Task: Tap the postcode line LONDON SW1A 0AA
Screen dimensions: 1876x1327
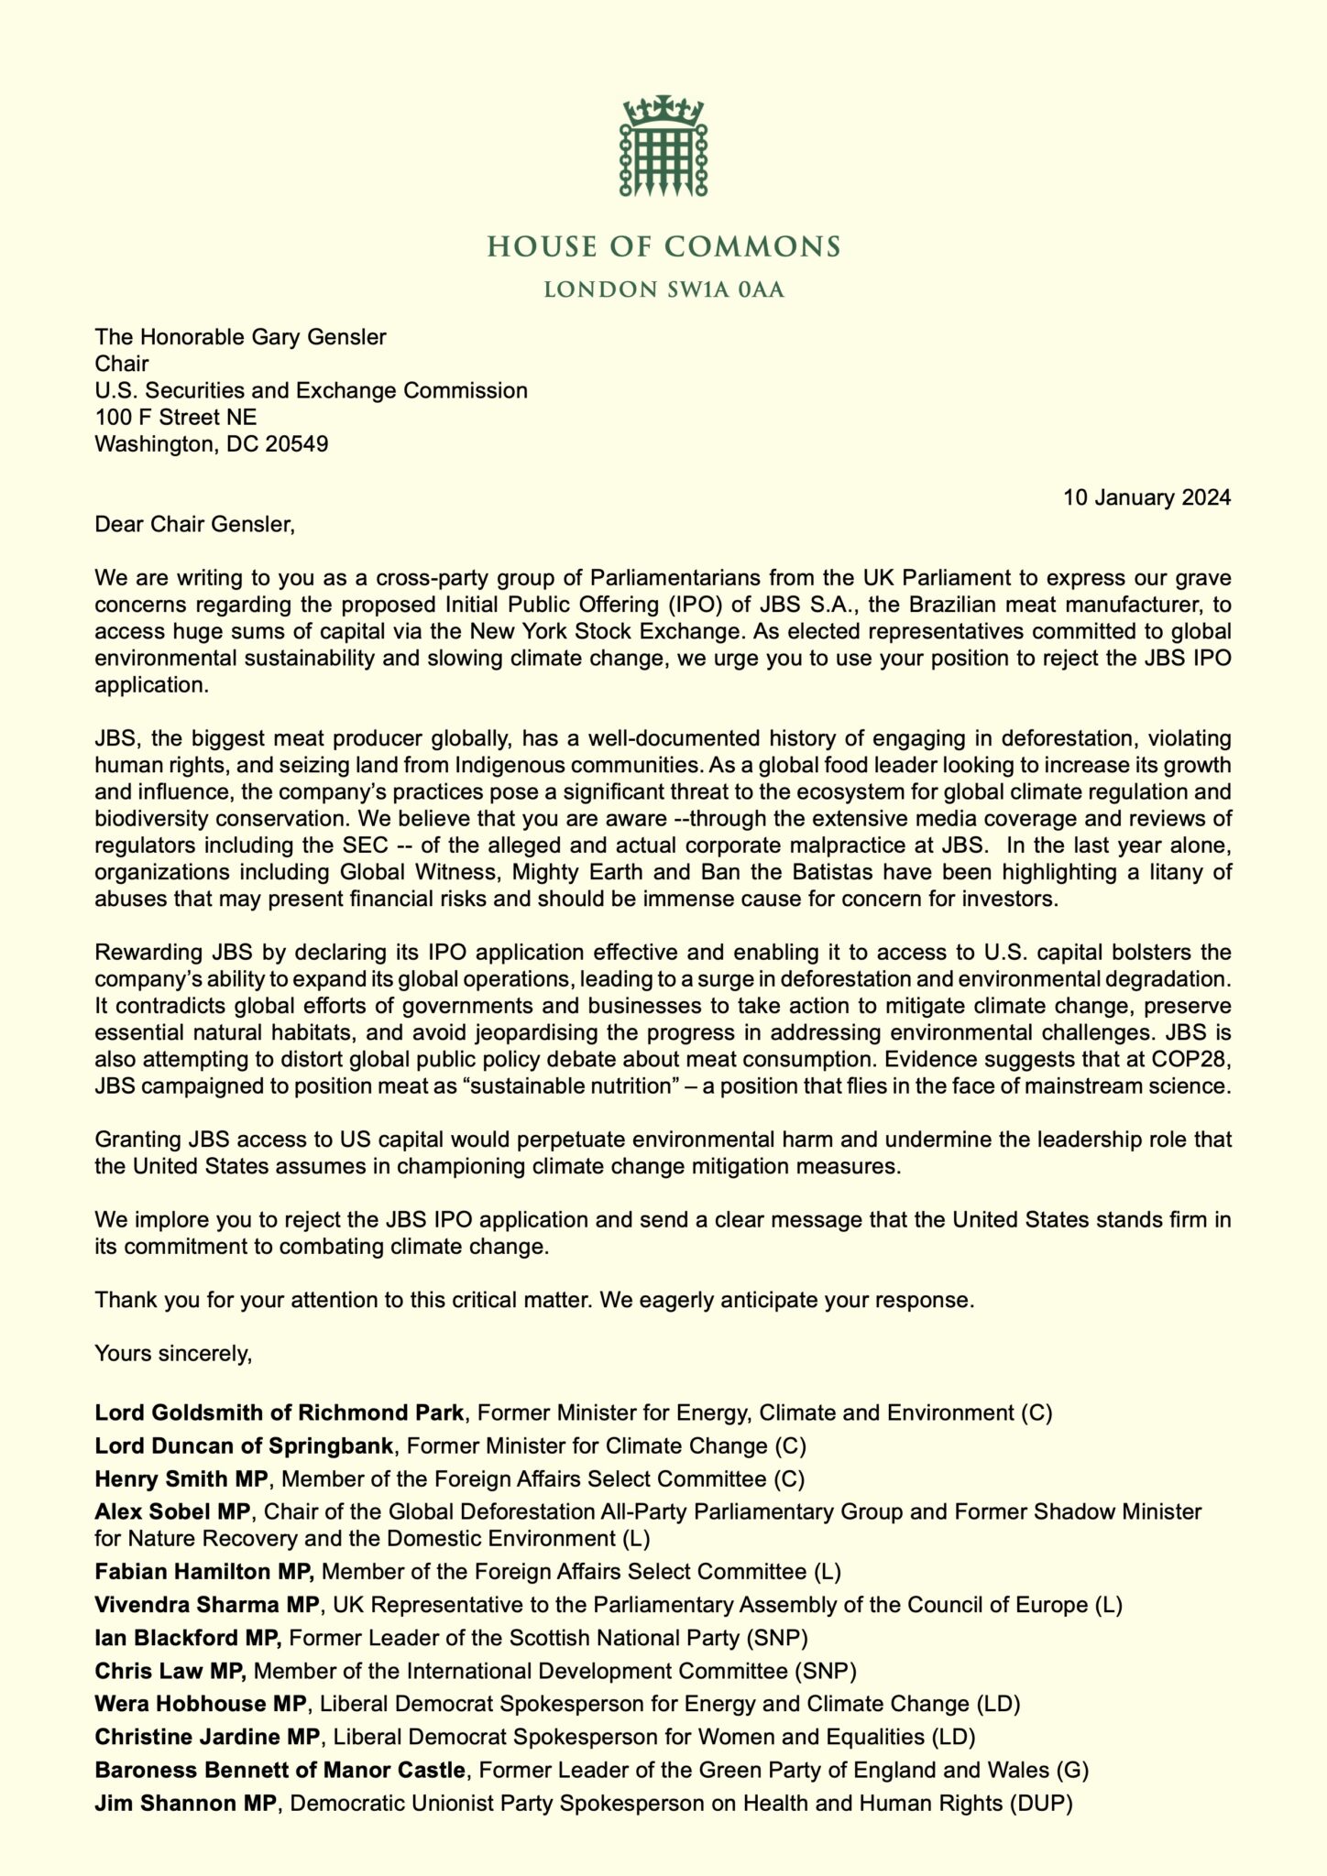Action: pos(663,291)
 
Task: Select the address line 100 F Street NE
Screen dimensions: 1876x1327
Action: pos(176,418)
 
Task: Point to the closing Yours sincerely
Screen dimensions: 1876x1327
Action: pos(173,1353)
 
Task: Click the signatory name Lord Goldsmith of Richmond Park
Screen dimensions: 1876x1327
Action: pos(280,1412)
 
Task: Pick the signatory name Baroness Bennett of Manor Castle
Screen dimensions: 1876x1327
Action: pos(280,1771)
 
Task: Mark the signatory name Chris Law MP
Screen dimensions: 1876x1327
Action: pos(170,1671)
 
